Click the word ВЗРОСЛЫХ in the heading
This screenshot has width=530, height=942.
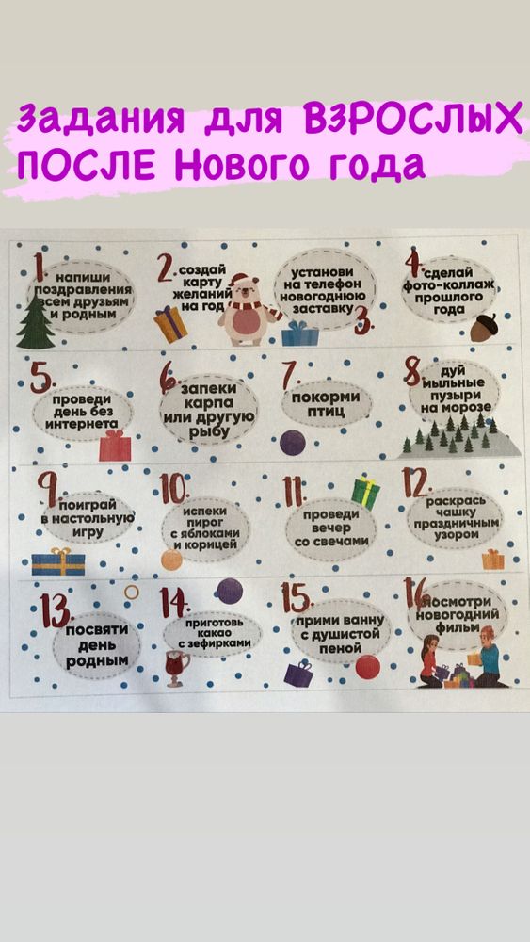coord(413,120)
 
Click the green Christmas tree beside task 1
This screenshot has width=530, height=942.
coord(35,321)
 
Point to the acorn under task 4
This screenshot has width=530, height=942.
coord(483,328)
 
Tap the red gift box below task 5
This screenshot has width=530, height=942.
coord(115,446)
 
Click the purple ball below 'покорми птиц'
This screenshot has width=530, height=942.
coord(293,443)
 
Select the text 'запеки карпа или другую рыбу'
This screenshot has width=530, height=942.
coord(208,409)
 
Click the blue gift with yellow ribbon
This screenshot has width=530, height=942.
coord(57,561)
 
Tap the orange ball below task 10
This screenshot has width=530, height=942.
coord(171,560)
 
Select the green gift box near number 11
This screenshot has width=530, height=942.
coord(365,493)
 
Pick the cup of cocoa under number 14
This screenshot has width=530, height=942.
coord(178,667)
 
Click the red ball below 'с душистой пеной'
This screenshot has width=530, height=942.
coord(368,667)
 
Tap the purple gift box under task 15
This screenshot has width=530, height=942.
coord(299,674)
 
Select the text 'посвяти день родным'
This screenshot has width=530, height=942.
coord(97,646)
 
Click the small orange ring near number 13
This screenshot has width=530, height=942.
coord(132,592)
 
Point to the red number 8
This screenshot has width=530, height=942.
coord(412,370)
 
